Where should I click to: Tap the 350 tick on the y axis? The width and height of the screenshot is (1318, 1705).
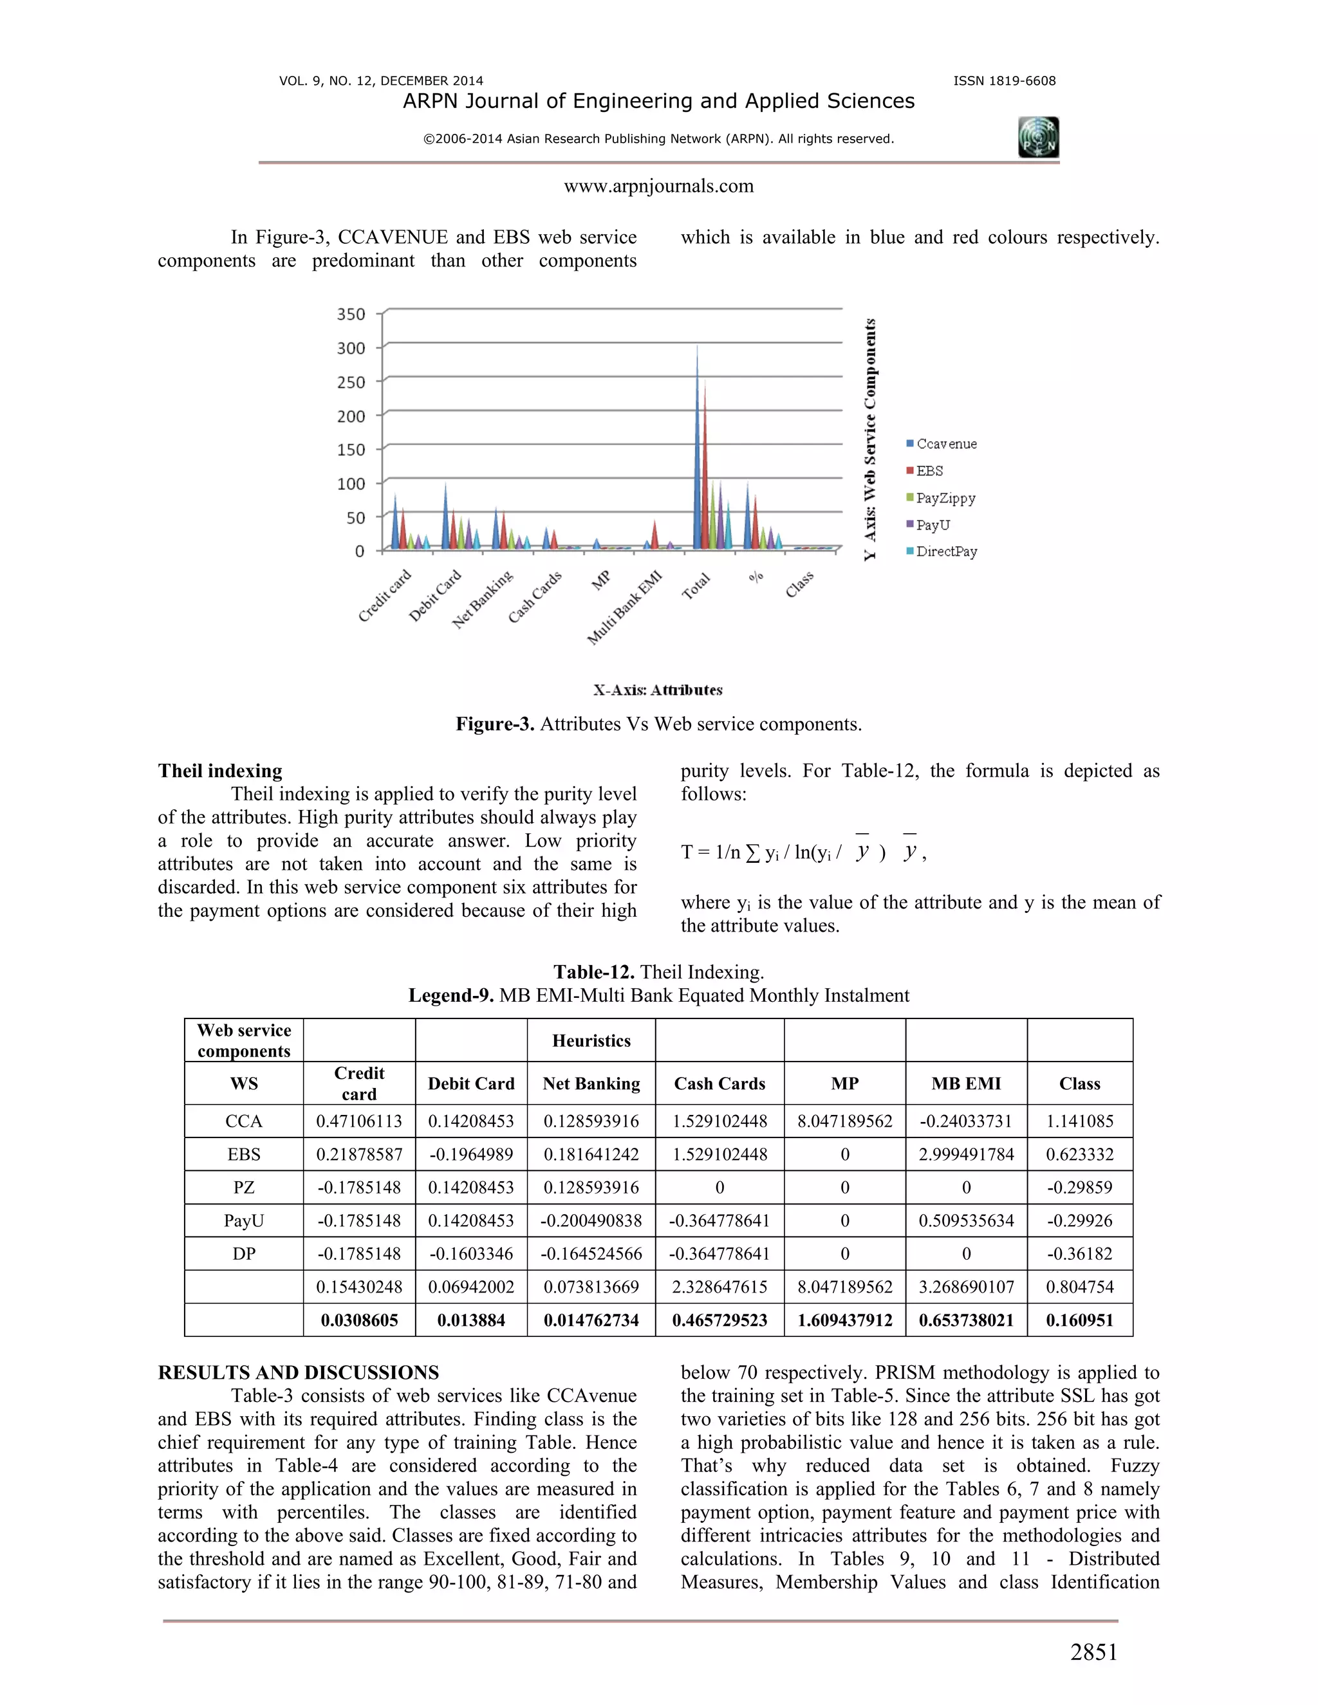pos(351,314)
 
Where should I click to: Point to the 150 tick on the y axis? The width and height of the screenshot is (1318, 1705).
pos(351,450)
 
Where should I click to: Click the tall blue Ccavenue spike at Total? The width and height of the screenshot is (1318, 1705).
pos(697,453)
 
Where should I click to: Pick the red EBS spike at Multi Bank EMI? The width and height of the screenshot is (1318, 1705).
pos(655,534)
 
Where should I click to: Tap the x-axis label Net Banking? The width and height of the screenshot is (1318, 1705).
pos(483,600)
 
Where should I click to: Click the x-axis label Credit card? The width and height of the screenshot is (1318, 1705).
pos(384,596)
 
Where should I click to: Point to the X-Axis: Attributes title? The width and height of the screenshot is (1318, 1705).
pos(658,690)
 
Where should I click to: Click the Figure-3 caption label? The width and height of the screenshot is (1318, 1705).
pos(495,724)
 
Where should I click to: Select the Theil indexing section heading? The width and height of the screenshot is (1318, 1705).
pos(220,771)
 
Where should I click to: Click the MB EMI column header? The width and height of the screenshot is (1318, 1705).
pos(966,1083)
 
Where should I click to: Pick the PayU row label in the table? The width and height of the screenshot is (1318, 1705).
pos(244,1220)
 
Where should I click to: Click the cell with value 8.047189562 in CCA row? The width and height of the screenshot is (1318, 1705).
pos(844,1121)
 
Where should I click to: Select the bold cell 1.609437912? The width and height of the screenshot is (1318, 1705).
pos(844,1320)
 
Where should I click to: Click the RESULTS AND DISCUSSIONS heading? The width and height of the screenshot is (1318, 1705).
pos(298,1372)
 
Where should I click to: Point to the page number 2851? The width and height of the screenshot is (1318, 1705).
pos(1093,1653)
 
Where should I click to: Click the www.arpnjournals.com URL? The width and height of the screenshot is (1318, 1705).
pos(658,187)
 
